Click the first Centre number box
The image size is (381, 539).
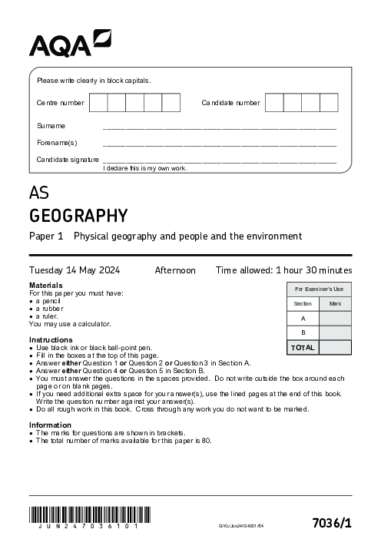(x=98, y=103)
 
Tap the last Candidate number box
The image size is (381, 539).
(x=329, y=103)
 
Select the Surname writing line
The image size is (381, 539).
(x=219, y=127)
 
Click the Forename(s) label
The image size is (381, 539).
(x=57, y=143)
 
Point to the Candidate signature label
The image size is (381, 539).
(x=68, y=160)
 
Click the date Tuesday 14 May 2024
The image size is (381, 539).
(x=79, y=270)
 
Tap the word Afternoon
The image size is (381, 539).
(x=175, y=270)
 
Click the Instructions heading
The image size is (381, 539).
(x=51, y=339)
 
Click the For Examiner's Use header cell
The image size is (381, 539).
(x=319, y=289)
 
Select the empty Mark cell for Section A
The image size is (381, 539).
(x=335, y=318)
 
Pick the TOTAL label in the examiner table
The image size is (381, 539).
(x=303, y=347)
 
